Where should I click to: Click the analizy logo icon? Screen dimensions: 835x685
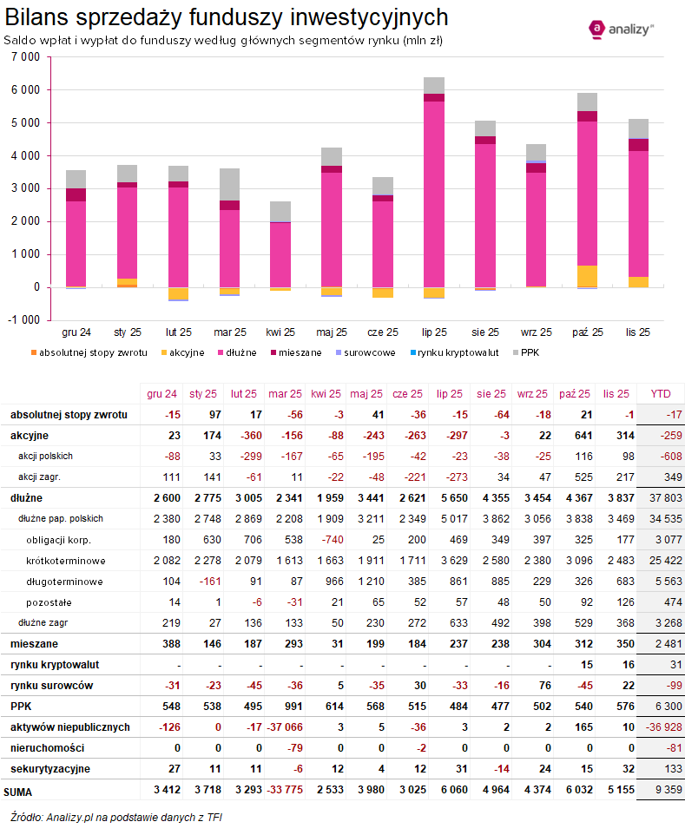[597, 30]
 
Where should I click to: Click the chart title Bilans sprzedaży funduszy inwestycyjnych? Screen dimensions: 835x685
[227, 16]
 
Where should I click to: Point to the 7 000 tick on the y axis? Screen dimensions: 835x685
[26, 57]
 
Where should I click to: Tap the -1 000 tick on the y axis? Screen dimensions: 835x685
[24, 320]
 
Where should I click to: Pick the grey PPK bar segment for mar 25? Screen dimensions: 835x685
[229, 184]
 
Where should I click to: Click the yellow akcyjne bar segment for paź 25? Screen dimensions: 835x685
[588, 276]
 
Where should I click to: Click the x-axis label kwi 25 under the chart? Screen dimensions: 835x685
[280, 332]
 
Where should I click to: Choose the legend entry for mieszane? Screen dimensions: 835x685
[294, 352]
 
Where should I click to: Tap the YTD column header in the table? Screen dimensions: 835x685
[660, 392]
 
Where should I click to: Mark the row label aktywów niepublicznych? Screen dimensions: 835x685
[70, 727]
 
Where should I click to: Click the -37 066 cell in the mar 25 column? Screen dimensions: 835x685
[280, 727]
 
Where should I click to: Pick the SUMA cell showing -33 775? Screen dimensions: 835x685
[280, 789]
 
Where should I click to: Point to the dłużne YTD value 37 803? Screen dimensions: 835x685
[660, 497]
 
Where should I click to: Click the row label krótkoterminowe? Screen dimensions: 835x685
[65, 560]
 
